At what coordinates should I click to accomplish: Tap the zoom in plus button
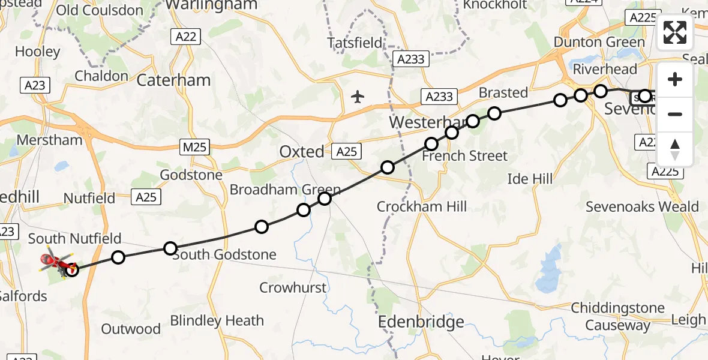click(675, 79)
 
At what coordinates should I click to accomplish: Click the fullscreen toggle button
click(675, 32)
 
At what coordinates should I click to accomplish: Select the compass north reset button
click(675, 149)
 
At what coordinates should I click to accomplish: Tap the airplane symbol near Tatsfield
click(358, 96)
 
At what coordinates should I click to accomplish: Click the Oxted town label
click(302, 152)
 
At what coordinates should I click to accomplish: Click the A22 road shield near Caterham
click(185, 37)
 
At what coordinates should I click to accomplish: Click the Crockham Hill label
click(421, 207)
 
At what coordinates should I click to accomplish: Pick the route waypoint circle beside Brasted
click(494, 113)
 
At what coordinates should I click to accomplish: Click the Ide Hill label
click(530, 179)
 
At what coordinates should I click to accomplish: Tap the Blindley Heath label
click(217, 320)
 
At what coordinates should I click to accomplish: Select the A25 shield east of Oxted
click(346, 152)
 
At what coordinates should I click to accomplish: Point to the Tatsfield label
click(355, 43)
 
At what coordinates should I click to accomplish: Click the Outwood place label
click(131, 329)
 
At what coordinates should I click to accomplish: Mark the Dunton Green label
click(599, 42)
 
